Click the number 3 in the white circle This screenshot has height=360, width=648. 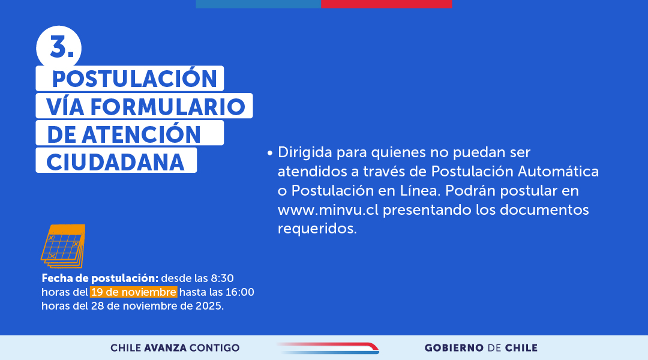coord(58,47)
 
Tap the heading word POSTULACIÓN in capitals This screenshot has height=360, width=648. coord(134,79)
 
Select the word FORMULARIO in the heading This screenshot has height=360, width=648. coord(168,106)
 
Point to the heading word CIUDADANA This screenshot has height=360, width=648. coord(116,161)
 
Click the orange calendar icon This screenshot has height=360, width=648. coord(63,245)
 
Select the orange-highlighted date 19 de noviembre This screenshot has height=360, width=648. coord(134,292)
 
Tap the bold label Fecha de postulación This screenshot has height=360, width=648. coord(100,278)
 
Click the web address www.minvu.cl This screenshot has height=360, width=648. coord(328,210)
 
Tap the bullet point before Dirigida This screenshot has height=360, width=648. coord(271,153)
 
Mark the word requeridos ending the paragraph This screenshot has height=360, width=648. coord(316,229)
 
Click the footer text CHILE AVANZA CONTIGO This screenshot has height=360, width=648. coord(175,348)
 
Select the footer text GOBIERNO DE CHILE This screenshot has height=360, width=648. coord(481,348)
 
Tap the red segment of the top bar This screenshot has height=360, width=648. coord(386,4)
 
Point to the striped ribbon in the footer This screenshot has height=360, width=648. coord(328,347)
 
